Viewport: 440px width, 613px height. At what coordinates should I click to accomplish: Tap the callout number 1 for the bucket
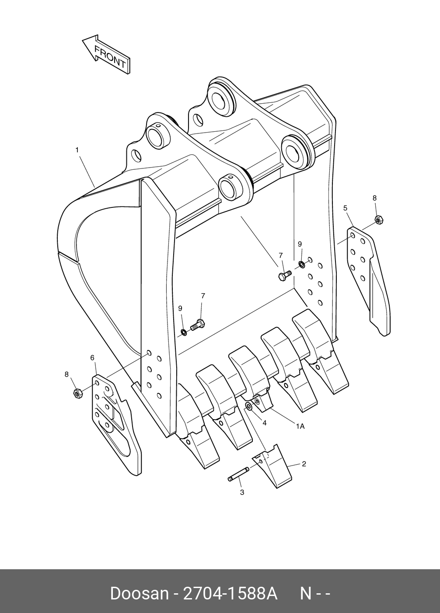77,150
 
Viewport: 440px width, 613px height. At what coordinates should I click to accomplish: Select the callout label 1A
300,425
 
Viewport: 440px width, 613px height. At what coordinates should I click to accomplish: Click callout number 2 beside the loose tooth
304,464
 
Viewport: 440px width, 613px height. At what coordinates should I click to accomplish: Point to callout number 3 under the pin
242,492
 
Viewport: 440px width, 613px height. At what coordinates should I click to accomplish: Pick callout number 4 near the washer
264,423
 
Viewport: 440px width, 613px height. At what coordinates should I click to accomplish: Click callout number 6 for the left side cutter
92,357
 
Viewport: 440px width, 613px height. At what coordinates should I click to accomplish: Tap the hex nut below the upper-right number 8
379,220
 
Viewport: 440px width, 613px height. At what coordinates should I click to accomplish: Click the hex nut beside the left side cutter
77,393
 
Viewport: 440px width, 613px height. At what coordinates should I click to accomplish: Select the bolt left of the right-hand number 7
284,276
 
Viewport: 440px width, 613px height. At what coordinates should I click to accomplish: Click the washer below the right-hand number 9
302,264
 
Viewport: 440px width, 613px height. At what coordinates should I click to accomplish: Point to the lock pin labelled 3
238,474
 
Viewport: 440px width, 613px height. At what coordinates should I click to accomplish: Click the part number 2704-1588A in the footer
230,593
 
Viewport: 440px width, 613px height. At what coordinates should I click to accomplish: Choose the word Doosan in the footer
139,593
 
